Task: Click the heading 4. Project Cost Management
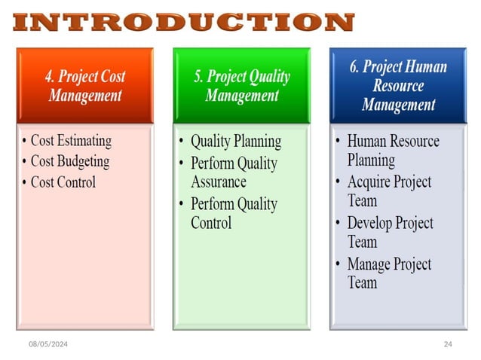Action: (x=85, y=86)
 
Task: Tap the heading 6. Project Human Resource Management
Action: (x=397, y=85)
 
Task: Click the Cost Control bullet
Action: (x=63, y=182)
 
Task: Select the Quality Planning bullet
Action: (x=235, y=141)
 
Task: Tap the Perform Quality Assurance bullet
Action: (x=234, y=172)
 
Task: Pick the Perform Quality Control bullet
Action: (x=234, y=213)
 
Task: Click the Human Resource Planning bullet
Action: (x=393, y=150)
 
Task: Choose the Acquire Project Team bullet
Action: (x=389, y=191)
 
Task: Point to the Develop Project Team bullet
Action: (x=390, y=232)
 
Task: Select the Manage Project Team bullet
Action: (x=389, y=273)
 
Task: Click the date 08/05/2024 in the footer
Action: (x=48, y=343)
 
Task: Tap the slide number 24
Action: (x=448, y=343)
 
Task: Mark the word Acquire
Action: (x=370, y=182)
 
